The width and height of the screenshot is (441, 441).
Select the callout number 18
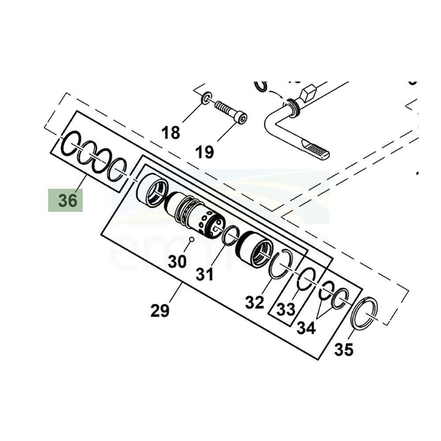171,132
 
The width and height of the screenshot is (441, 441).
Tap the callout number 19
205,152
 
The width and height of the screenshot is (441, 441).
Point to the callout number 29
160,310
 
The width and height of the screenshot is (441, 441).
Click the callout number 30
177,262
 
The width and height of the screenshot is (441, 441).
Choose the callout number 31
205,274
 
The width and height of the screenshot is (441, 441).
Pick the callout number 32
254,302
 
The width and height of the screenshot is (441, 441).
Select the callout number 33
285,309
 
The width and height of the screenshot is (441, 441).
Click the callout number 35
344,349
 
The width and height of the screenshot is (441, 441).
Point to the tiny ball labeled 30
192,239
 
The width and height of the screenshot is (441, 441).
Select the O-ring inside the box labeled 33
306,279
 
